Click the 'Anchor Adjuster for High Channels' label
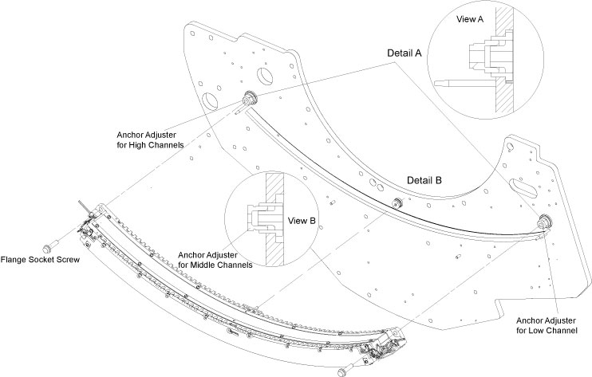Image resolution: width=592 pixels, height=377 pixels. click(150, 140)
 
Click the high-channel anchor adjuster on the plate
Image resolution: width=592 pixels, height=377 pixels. click(249, 99)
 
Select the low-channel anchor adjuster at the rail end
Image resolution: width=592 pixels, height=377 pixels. click(546, 221)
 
